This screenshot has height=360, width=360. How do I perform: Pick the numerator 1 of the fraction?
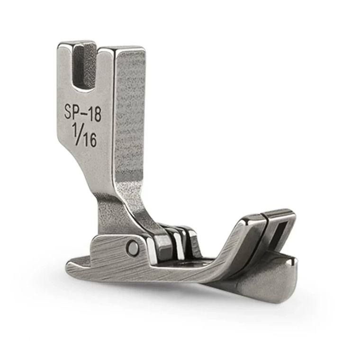click(75, 128)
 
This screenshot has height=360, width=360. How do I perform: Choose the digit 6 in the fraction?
click(92, 140)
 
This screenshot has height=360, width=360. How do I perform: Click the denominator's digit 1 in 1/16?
click(85, 139)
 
